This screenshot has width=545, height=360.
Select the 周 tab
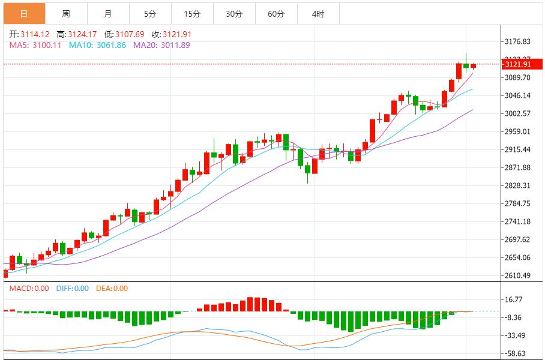tap(66, 14)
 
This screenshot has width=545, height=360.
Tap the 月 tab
tap(108, 14)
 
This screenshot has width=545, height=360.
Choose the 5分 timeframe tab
tap(150, 14)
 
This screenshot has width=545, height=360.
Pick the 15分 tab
tap(192, 14)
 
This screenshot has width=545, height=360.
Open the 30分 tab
tap(234, 14)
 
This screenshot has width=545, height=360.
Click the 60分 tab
tap(276, 14)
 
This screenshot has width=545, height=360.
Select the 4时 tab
tap(318, 14)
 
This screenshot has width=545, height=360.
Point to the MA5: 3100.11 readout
tap(35, 45)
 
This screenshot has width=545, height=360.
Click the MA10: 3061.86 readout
tap(97, 45)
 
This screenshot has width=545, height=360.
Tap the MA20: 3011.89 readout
tap(161, 45)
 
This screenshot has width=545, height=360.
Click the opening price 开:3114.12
tap(29, 34)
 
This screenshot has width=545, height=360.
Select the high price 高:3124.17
tap(77, 34)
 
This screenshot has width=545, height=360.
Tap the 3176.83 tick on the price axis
tap(518, 41)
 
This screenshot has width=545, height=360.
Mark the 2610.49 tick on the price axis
tap(518, 275)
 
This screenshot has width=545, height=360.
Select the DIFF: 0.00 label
tap(72, 289)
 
